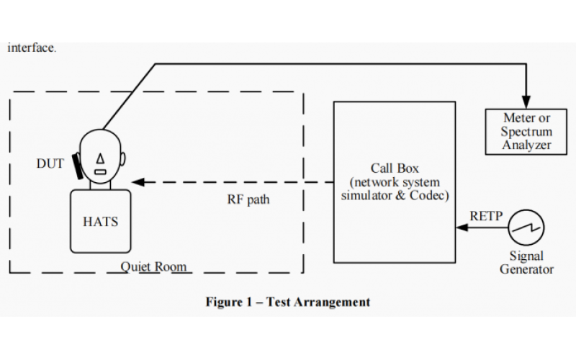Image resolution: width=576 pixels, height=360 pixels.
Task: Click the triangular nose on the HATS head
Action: point(101,157)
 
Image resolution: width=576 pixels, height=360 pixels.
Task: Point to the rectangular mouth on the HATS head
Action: point(101,172)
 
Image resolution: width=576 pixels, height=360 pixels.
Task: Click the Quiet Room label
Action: point(153,267)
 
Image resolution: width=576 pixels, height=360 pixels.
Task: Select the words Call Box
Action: point(395,168)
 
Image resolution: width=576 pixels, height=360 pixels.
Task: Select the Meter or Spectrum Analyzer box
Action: point(527,132)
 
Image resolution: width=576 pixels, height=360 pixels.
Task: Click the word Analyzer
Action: point(527,145)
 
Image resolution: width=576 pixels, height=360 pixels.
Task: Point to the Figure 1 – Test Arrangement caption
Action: point(288,302)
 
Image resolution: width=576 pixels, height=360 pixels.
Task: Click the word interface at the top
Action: point(32,48)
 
